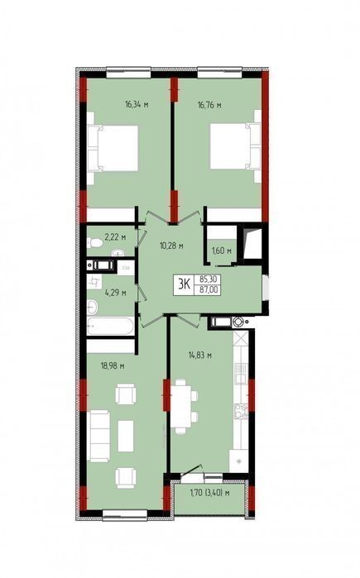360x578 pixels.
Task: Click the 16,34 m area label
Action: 137,104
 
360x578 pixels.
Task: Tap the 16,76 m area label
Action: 209,105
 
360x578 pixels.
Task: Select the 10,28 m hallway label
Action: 171,245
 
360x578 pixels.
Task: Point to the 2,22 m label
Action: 115,237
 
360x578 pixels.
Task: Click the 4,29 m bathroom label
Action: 116,293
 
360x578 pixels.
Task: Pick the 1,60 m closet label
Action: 221,251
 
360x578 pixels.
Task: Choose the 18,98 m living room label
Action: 113,366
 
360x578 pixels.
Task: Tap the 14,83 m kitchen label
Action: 199,356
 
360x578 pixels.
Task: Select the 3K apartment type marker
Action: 184,284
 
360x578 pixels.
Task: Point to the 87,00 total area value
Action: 208,289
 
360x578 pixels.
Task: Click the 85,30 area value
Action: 208,279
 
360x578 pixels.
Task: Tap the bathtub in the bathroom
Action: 110,327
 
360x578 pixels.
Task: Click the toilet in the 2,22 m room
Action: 94,243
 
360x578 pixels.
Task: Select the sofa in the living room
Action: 98,436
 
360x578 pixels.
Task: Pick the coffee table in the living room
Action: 126,436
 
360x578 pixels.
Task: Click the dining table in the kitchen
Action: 181,406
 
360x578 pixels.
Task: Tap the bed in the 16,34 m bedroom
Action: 113,148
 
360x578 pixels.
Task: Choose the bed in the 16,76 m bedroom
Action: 236,146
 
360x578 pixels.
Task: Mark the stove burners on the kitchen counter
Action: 241,411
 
